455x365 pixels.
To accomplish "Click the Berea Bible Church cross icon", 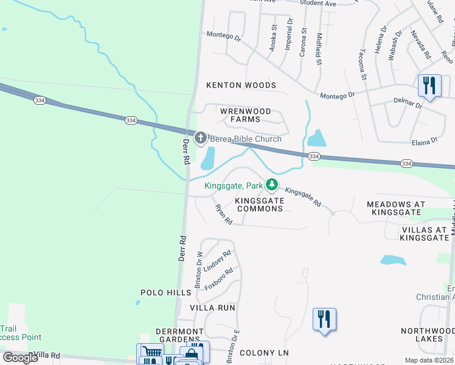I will coord(201,139).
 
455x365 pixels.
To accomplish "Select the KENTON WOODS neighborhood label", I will coord(241,86).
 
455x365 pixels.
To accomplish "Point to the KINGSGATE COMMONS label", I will coord(260,204).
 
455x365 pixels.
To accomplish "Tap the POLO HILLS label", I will coord(166,293).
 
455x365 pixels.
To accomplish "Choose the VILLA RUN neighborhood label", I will coord(212,308).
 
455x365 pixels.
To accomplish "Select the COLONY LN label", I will coord(264,353).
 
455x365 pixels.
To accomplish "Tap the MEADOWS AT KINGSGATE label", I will coord(394,208).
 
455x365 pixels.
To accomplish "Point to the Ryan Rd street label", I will coord(224,215).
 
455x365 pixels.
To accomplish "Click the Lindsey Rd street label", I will coord(217,261).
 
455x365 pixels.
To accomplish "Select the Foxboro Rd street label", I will coord(219,279).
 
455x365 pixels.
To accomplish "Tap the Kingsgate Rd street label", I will coord(304,196).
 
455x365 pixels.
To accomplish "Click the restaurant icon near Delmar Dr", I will coord(429,86).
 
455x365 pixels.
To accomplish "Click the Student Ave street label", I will coord(318,3).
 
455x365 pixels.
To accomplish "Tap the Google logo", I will coord(20,358).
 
